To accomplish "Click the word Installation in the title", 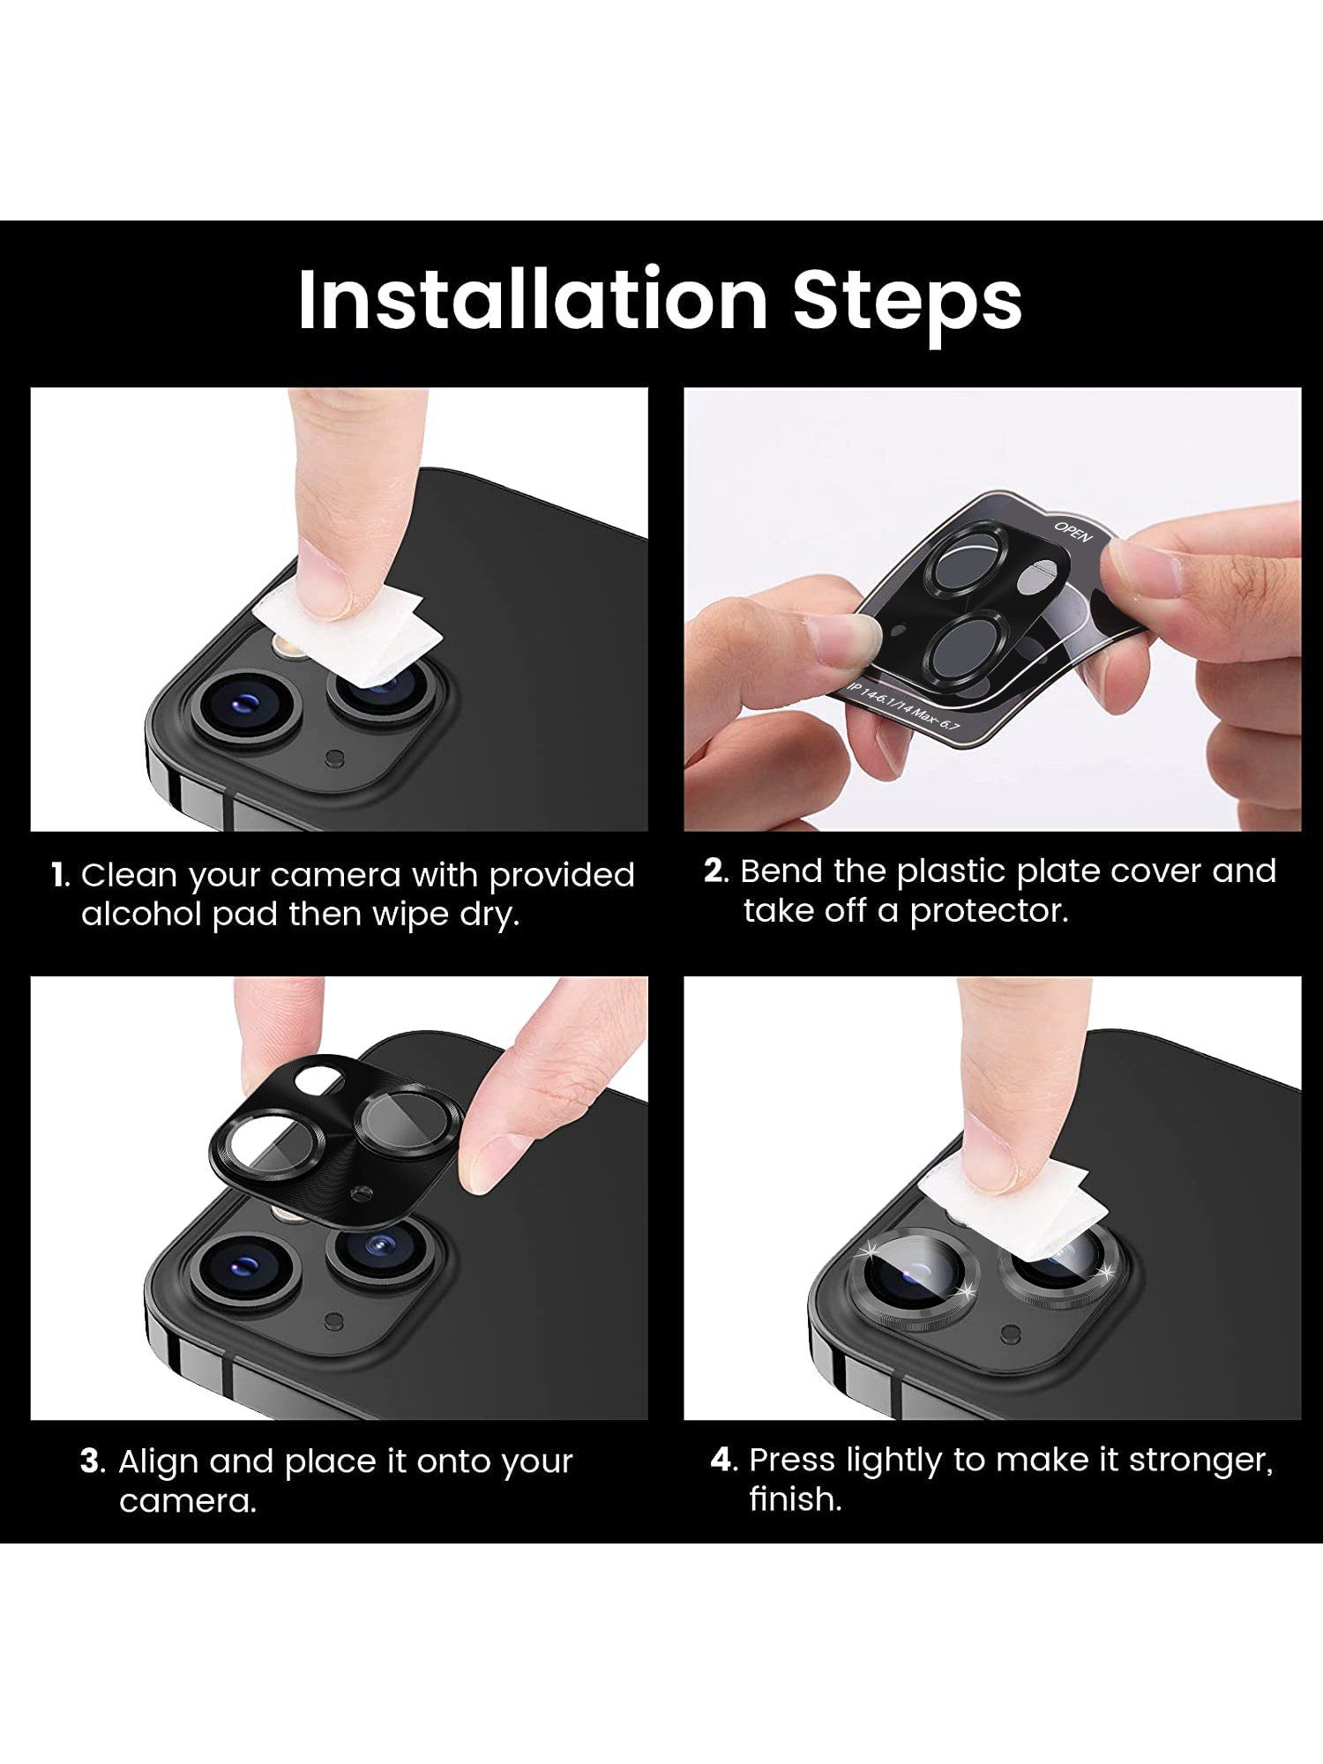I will tap(533, 300).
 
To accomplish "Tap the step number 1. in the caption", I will tap(60, 876).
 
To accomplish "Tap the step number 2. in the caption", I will tap(716, 871).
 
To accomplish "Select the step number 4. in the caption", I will tap(723, 1460).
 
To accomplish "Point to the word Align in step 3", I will tap(159, 1461).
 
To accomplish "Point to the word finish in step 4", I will tap(794, 1499).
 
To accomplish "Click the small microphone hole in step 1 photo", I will tap(334, 757).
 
